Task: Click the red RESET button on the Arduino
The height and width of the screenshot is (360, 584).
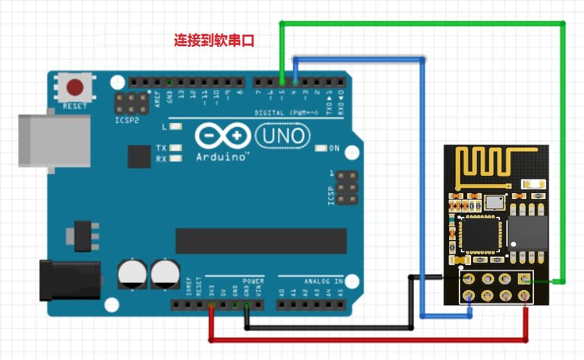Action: [x=76, y=87]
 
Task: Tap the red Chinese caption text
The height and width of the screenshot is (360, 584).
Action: [x=214, y=40]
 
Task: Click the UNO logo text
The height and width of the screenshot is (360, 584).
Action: [x=283, y=135]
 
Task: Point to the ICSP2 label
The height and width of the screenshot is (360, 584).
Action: [x=127, y=120]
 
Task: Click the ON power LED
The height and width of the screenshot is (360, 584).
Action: [x=322, y=149]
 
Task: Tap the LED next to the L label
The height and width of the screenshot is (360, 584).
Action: [x=175, y=127]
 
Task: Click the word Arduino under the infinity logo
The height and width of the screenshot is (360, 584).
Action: [x=222, y=156]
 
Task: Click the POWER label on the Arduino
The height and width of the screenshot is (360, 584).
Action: [x=253, y=281]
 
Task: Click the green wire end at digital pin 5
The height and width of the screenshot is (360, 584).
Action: [x=282, y=81]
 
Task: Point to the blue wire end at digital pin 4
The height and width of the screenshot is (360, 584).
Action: [x=295, y=81]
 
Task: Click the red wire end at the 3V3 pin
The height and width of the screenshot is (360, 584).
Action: [x=211, y=305]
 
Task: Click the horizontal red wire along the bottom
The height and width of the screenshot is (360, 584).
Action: [x=366, y=339]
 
